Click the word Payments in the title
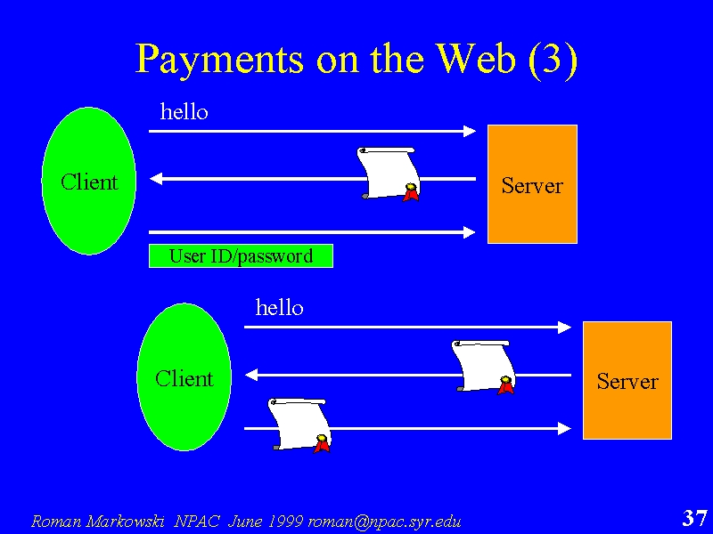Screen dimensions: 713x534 (x=219, y=59)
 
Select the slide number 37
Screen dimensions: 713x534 (x=695, y=518)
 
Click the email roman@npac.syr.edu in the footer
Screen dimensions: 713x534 (x=384, y=521)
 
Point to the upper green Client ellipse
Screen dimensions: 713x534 (x=89, y=181)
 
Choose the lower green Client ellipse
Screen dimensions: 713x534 (x=184, y=376)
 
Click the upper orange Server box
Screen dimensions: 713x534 (x=532, y=184)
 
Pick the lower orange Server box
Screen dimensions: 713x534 (x=627, y=381)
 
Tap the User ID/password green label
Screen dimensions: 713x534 (x=241, y=256)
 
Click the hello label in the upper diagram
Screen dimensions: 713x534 (x=184, y=112)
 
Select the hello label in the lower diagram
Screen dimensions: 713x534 (x=279, y=307)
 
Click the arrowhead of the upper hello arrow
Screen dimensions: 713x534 (x=470, y=131)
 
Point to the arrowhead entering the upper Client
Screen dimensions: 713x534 (x=156, y=179)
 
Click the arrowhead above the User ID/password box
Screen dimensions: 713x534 (x=470, y=232)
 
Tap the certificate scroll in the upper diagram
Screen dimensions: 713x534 (x=388, y=174)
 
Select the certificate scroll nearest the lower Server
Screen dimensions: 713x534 (x=483, y=366)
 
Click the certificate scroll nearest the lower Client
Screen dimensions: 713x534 (x=299, y=425)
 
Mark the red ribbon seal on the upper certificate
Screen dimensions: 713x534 (x=411, y=192)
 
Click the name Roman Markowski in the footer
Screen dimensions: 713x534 (x=98, y=521)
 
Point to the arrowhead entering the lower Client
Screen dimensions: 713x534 (x=251, y=375)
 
